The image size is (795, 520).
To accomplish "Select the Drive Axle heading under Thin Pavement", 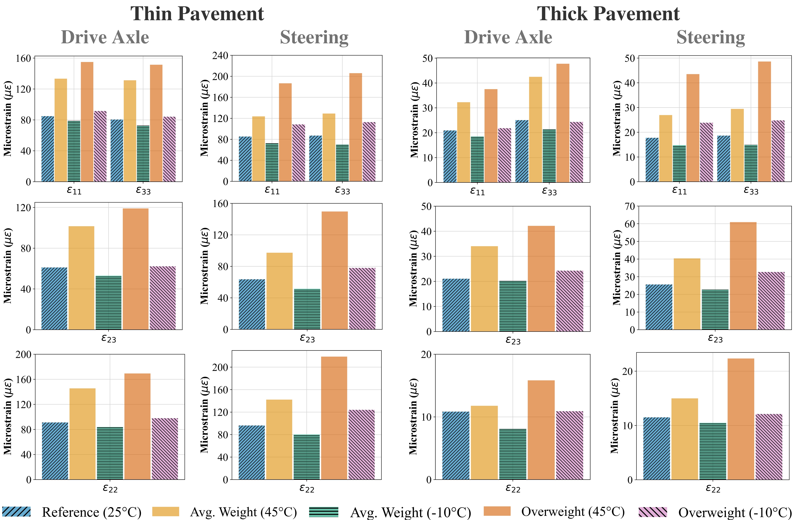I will coord(105,37).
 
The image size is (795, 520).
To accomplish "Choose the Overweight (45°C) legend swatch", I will coord(497,511).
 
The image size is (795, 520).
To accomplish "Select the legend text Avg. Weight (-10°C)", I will coord(411,512).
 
